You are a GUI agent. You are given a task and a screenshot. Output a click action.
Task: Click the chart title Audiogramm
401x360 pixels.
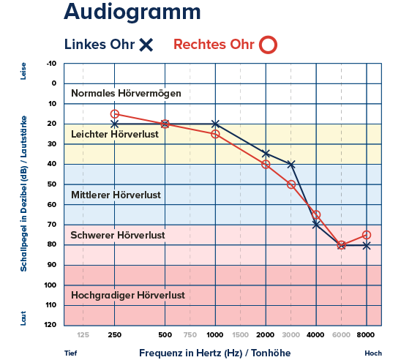click(x=131, y=12)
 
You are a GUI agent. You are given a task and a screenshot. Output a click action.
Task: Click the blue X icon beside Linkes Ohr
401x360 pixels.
click(x=146, y=45)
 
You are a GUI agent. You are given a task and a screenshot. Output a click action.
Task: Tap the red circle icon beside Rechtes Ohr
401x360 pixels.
click(x=269, y=45)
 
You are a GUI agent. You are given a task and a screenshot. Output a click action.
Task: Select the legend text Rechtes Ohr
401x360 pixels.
click(x=214, y=45)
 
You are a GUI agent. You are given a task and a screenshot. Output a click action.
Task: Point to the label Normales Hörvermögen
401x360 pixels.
click(x=125, y=94)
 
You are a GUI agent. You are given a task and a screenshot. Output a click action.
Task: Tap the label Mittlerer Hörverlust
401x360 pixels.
click(x=116, y=195)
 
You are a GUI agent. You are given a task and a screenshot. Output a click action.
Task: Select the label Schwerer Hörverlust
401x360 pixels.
click(x=117, y=236)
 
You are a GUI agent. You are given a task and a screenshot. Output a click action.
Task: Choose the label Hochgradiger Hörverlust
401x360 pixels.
click(x=127, y=296)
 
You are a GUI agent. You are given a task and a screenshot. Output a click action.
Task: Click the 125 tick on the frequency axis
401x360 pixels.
click(x=83, y=334)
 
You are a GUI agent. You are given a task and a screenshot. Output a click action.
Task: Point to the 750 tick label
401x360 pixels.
click(x=190, y=334)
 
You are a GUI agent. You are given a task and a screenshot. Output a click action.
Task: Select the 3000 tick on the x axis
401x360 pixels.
click(x=291, y=334)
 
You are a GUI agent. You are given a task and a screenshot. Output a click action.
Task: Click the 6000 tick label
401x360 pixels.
click(x=341, y=334)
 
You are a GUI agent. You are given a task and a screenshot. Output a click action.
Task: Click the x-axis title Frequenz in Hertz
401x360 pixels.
click(x=215, y=353)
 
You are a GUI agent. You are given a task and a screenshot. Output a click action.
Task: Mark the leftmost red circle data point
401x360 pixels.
click(x=114, y=113)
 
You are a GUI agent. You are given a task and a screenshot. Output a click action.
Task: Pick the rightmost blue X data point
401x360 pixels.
click(x=367, y=245)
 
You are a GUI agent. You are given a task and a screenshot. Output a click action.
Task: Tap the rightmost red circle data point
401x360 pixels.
click(x=367, y=235)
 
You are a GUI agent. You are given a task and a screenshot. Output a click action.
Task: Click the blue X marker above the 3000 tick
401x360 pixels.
click(x=291, y=164)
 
